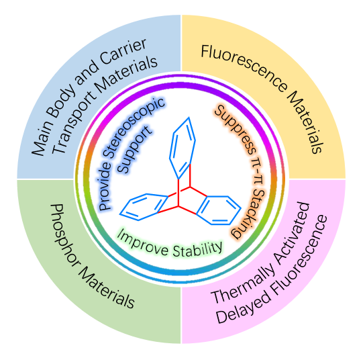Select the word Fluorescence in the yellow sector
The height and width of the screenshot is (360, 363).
coord(244,66)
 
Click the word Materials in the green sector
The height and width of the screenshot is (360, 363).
coord(106,287)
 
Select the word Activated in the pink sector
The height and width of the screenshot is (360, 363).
coord(292,234)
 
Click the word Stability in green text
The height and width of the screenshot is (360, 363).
coord(197,249)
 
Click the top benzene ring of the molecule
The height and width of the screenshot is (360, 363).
coord(183,148)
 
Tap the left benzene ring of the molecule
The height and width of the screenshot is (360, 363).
coord(144,207)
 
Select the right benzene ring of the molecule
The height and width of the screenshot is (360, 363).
coord(219,210)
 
